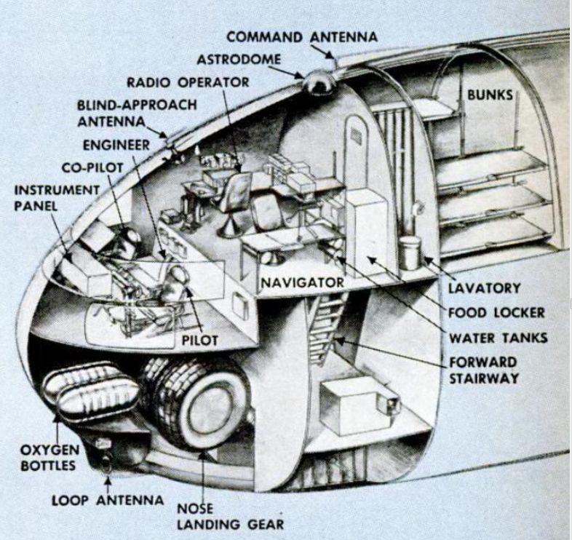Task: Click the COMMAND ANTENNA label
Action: pos(302,37)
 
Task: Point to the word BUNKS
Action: pos(490,95)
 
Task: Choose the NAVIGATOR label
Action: pos(302,281)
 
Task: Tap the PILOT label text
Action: pos(199,340)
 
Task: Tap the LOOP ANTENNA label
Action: pos(108,501)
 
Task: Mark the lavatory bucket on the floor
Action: pos(410,252)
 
